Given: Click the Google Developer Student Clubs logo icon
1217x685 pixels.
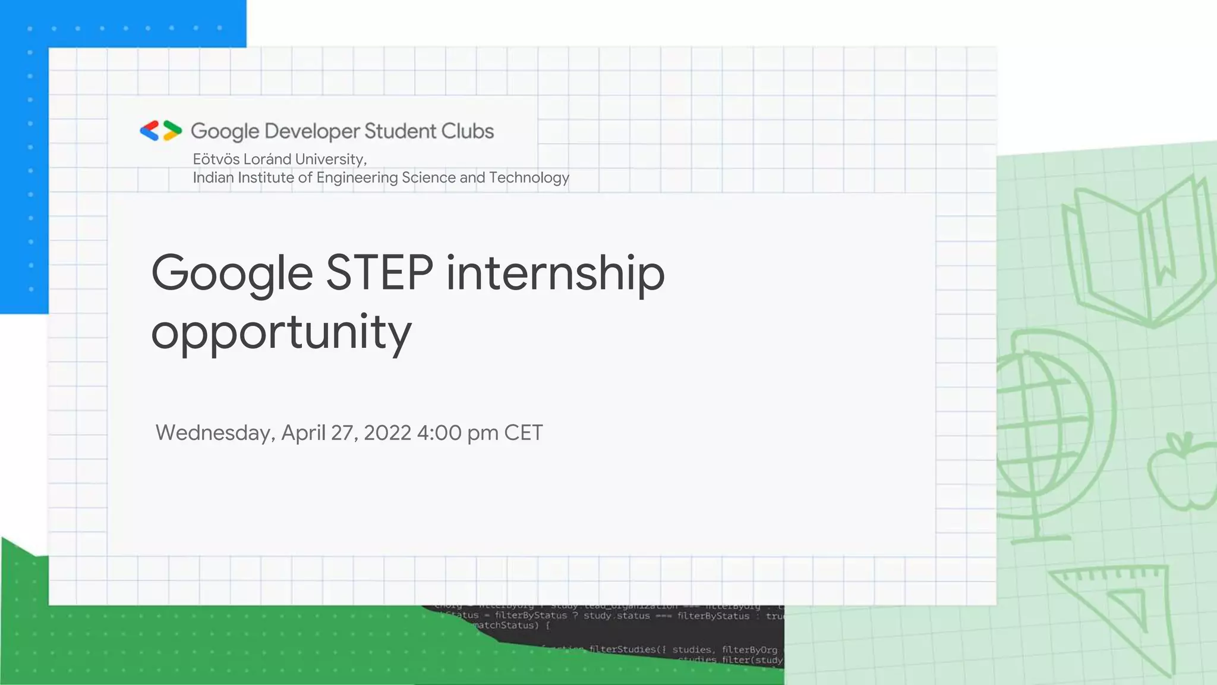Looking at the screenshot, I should [x=160, y=131].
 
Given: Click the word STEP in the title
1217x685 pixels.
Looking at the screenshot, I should [x=379, y=273].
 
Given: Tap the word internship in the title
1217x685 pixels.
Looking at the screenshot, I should [x=555, y=274].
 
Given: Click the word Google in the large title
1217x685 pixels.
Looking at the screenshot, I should [x=232, y=274].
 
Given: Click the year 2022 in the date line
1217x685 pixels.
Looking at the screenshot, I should [x=387, y=433].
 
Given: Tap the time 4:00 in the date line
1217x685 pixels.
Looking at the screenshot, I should [x=439, y=433].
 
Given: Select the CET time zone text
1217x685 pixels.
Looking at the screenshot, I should [x=523, y=433].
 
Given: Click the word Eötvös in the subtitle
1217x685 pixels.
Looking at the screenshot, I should [x=216, y=159].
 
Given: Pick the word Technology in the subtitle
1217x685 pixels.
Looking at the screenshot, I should [x=529, y=178].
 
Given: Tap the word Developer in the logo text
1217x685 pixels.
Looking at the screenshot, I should [x=312, y=131].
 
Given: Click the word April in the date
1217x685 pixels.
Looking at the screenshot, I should [x=303, y=433].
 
